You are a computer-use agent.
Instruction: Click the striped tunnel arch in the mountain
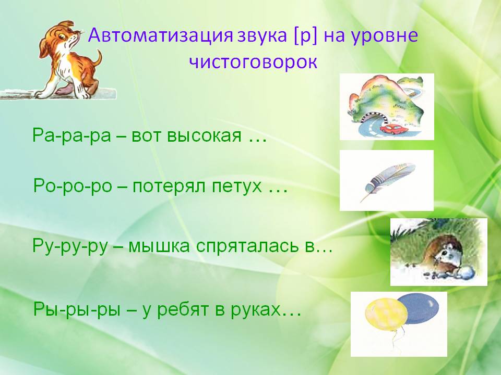(x=374, y=117)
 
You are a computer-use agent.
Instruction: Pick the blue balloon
(x=419, y=308)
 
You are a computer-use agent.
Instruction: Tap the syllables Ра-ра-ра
(x=71, y=135)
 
